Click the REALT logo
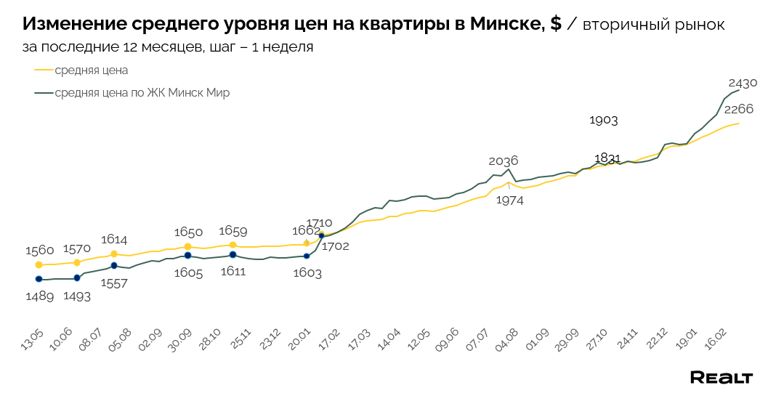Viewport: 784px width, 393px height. coord(721,377)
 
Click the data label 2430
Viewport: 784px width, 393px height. coord(743,82)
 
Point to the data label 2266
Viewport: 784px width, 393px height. coord(739,109)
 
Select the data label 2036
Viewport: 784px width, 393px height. coord(504,161)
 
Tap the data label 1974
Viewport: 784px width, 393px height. coord(509,200)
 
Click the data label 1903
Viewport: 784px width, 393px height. coord(603,120)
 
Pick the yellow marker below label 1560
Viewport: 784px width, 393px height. coord(39,265)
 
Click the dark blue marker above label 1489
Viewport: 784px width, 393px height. coord(39,279)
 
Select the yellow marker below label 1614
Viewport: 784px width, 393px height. coord(114,254)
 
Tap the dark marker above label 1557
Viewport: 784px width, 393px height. coord(114,266)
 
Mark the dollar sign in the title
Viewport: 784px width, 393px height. coord(556,24)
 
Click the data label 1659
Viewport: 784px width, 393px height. coord(233,232)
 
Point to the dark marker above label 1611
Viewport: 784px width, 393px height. coord(233,255)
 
